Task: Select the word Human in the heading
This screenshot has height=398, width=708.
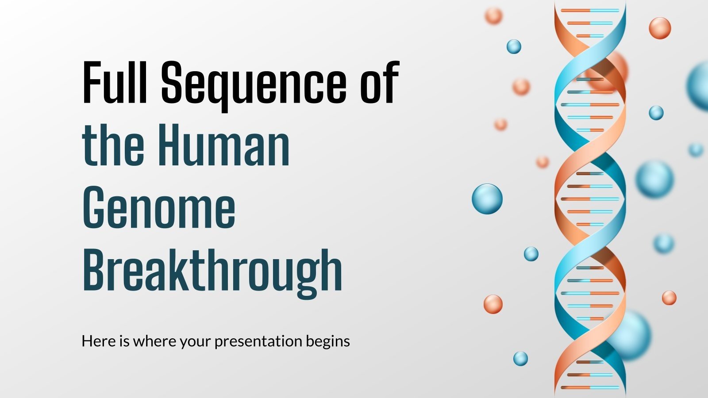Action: pyautogui.click(x=224, y=145)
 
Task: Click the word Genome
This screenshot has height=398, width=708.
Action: pyautogui.click(x=159, y=208)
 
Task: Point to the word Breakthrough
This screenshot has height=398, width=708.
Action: pyautogui.click(x=212, y=271)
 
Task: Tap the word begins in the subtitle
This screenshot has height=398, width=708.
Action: pyautogui.click(x=327, y=341)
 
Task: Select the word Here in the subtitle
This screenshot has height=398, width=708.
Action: pyautogui.click(x=98, y=341)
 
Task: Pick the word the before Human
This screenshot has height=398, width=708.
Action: pyautogui.click(x=113, y=145)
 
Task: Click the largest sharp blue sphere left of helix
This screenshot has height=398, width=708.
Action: pyautogui.click(x=487, y=199)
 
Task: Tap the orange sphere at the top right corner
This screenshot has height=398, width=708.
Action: pyautogui.click(x=660, y=28)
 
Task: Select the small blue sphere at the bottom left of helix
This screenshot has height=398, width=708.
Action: pyautogui.click(x=520, y=358)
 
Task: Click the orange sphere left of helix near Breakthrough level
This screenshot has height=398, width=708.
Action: pyautogui.click(x=493, y=304)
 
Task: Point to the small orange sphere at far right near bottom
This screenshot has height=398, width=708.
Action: pyautogui.click(x=669, y=298)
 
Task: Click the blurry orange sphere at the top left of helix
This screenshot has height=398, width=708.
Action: pyautogui.click(x=493, y=15)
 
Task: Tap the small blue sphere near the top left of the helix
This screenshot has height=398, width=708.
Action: pyautogui.click(x=514, y=46)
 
